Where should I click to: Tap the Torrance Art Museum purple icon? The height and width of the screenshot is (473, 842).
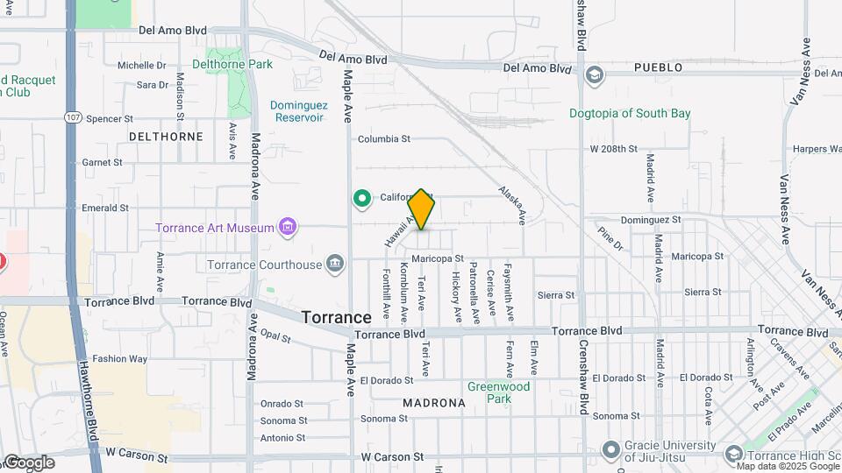click(x=286, y=228)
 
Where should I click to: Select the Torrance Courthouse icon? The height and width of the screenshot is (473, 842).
click(x=334, y=264)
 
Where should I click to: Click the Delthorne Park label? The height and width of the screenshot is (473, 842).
click(x=232, y=64)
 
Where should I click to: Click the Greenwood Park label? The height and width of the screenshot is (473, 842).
click(x=498, y=392)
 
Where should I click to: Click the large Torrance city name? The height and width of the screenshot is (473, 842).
click(x=336, y=317)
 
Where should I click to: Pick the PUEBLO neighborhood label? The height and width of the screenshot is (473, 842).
click(x=657, y=67)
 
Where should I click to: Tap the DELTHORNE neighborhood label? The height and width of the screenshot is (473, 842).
click(x=166, y=137)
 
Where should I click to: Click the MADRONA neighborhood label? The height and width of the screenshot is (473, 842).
click(x=433, y=403)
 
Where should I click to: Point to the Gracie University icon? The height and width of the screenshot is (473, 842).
click(x=611, y=450)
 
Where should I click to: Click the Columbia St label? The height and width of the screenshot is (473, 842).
click(x=384, y=139)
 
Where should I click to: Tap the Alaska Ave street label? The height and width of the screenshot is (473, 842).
click(x=511, y=203)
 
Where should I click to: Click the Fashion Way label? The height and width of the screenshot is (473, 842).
click(x=120, y=358)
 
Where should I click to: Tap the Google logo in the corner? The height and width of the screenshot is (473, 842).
click(x=29, y=462)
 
